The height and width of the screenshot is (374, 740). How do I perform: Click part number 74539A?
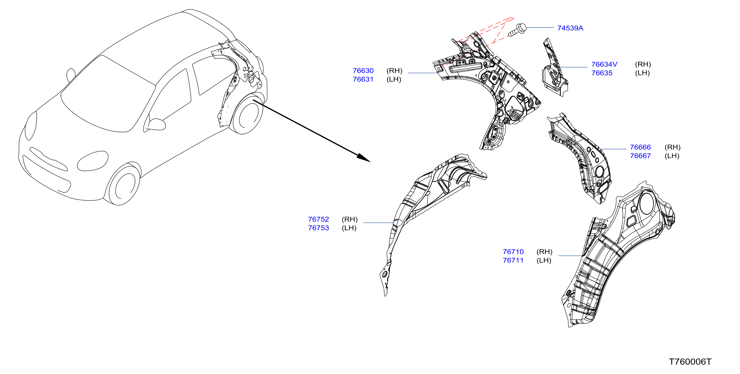click(x=570, y=28)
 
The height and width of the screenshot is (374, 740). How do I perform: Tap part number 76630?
click(x=363, y=71)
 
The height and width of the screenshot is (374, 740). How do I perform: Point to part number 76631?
click(x=363, y=79)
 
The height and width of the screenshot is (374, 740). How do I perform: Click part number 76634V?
click(x=604, y=64)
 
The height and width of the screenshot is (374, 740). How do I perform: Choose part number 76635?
click(x=602, y=73)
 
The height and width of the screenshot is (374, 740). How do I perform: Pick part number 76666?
click(x=640, y=147)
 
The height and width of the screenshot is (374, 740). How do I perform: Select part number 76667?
click(x=640, y=156)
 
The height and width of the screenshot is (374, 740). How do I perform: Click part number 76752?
click(x=318, y=219)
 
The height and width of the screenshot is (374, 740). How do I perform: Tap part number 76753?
click(x=318, y=228)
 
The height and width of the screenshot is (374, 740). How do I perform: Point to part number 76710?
click(x=513, y=252)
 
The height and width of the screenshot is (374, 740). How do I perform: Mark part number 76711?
click(x=513, y=260)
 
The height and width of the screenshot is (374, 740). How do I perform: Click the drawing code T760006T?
click(x=690, y=362)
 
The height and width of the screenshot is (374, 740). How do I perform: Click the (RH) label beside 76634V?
click(x=643, y=64)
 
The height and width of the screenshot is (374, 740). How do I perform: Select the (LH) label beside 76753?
click(x=349, y=228)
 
